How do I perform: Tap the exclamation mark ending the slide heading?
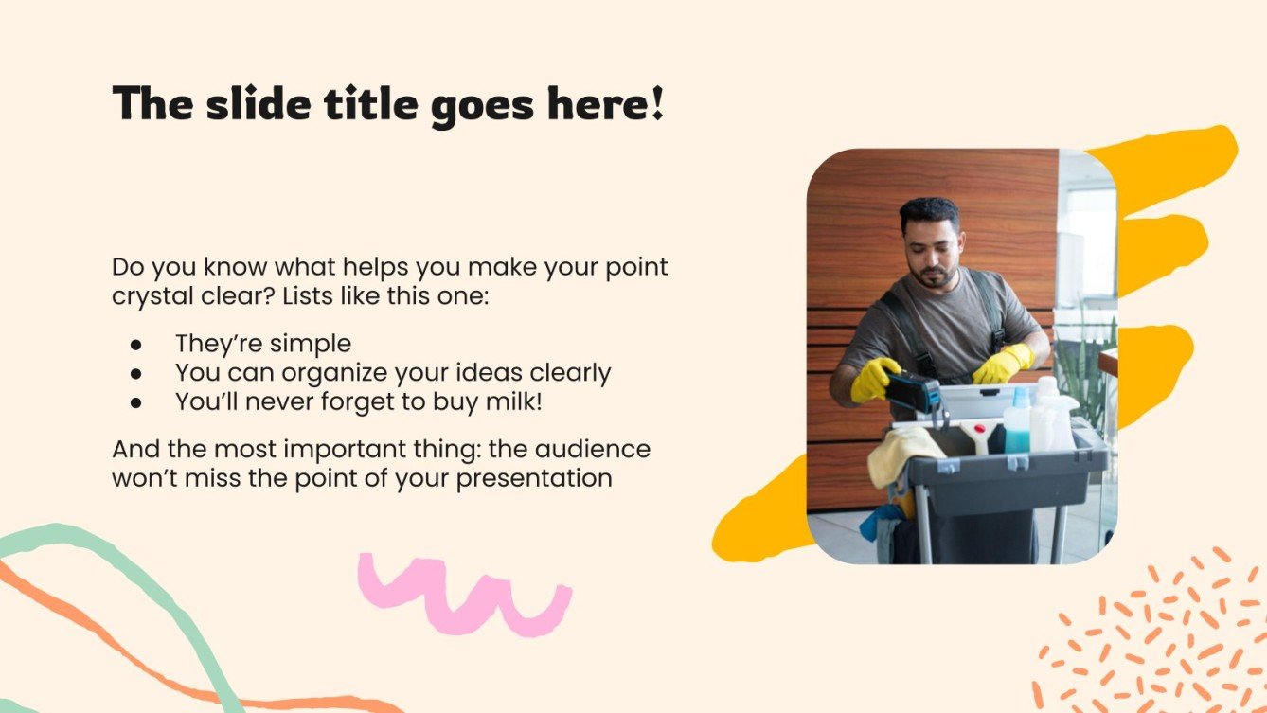tap(656, 103)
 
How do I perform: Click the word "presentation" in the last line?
tap(534, 478)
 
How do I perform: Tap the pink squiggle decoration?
tap(463, 593)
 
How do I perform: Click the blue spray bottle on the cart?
tap(1018, 426)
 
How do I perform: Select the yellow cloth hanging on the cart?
tap(904, 455)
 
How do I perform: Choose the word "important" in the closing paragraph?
tap(330, 449)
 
